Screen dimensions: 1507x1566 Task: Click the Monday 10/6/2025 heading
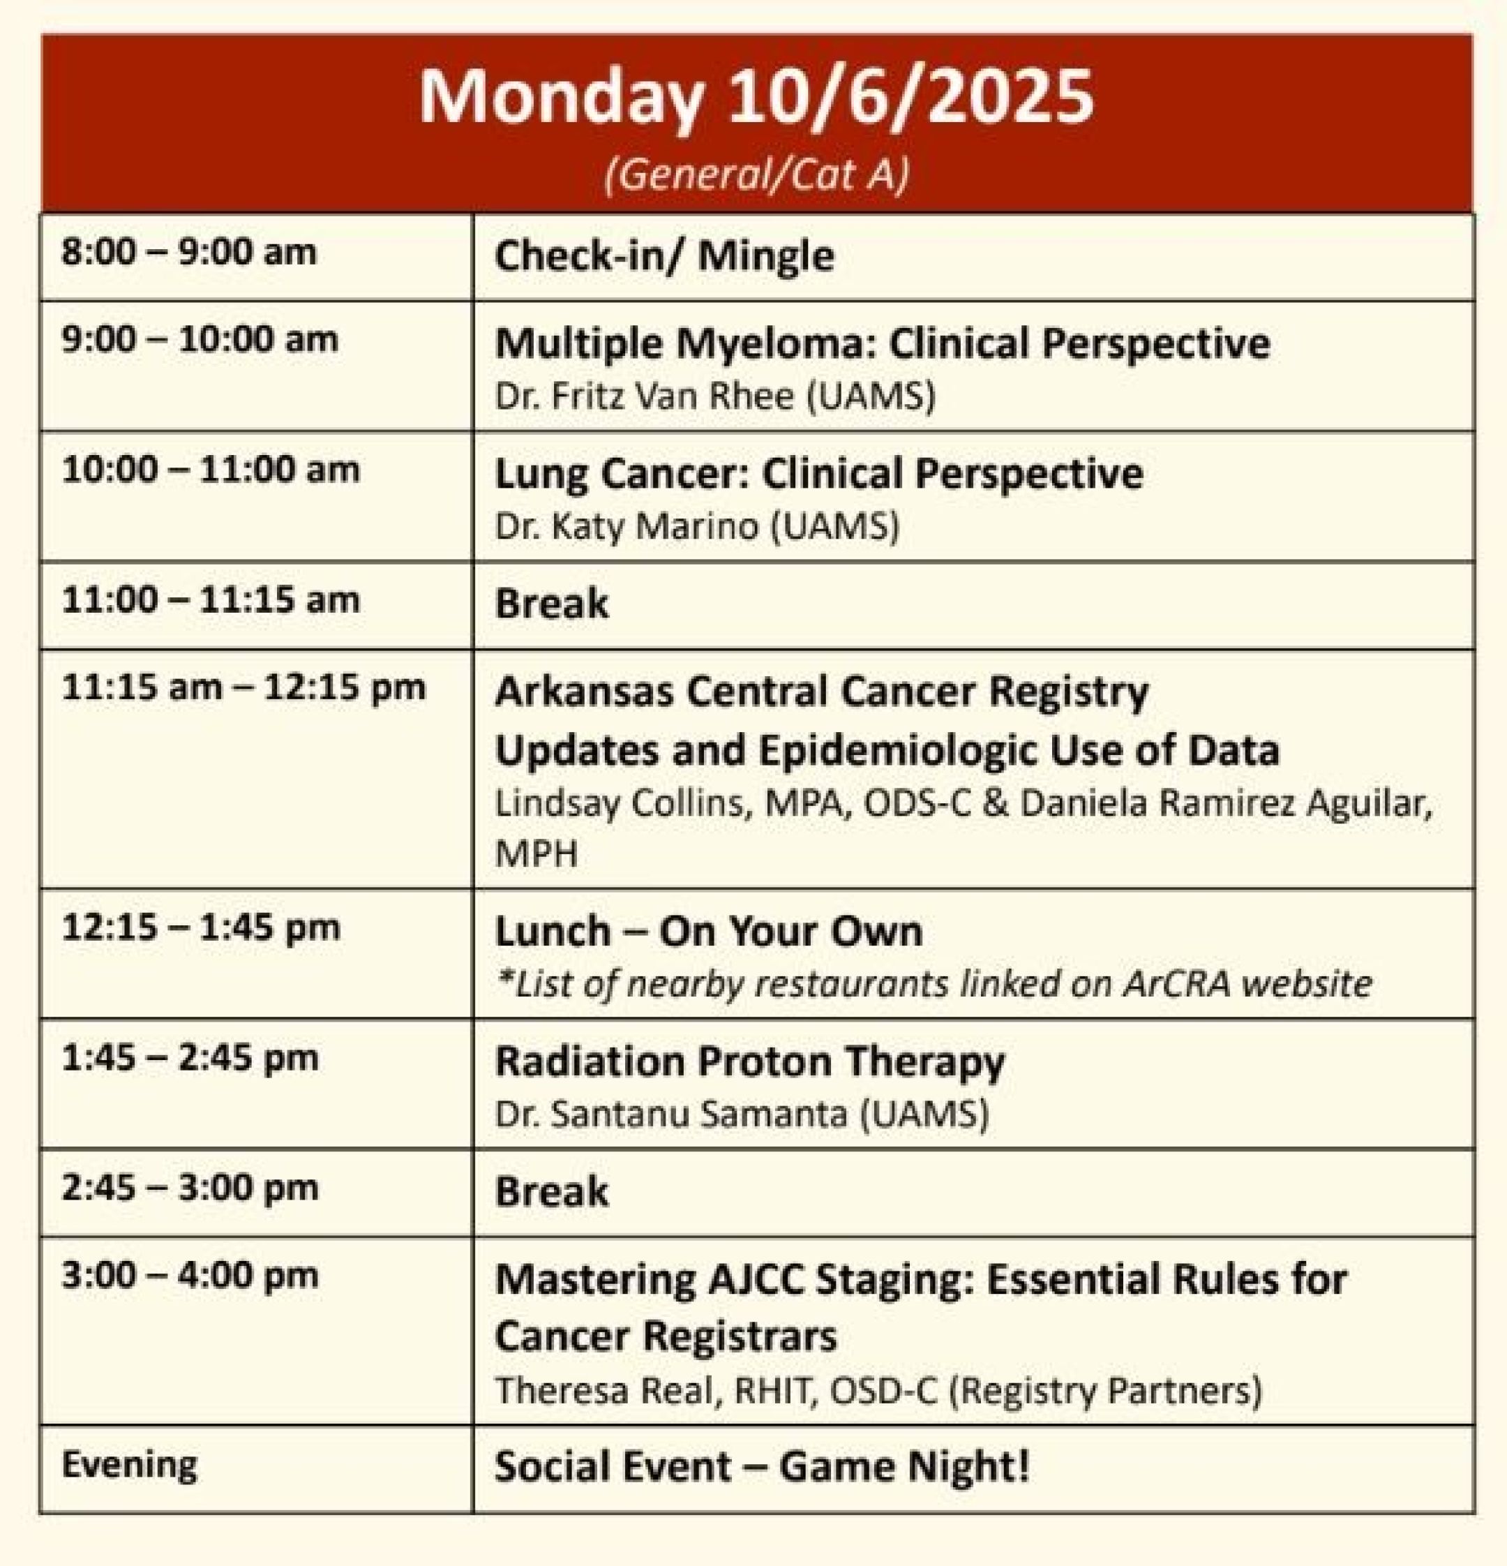(756, 98)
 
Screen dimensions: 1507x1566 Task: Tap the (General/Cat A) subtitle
(756, 175)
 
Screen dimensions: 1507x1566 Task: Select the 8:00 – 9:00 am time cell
(189, 253)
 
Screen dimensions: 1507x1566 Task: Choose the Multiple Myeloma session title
(883, 344)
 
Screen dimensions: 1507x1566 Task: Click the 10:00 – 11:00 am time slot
(211, 470)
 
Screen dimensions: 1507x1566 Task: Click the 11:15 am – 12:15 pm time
(243, 688)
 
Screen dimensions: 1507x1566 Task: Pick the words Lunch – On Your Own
(708, 932)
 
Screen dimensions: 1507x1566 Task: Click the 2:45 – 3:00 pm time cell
(190, 1188)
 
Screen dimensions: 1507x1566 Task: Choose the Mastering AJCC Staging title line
(921, 1280)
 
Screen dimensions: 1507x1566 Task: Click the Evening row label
(129, 1466)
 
